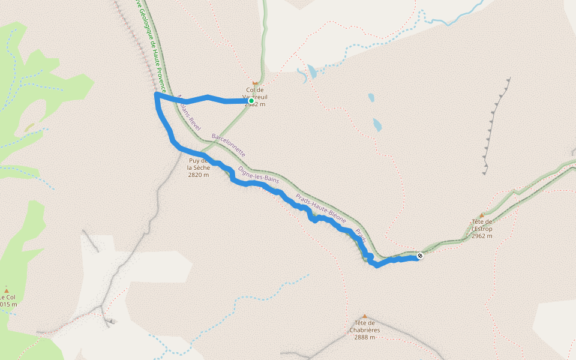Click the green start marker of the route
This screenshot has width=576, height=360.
coord(251,101)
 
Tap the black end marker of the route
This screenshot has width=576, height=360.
coord(420,256)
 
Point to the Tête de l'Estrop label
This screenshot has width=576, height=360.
coord(482,229)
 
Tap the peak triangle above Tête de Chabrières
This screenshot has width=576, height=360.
coord(364,316)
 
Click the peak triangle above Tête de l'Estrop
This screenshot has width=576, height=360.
coord(481,215)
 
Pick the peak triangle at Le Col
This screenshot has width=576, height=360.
coord(7,289)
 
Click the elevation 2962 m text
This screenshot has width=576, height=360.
coord(482,236)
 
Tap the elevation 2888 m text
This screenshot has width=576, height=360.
coord(364,337)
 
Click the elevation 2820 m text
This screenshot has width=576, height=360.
coord(199,175)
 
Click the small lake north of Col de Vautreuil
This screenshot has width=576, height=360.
coord(313,73)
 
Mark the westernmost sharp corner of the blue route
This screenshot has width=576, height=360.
coord(156,94)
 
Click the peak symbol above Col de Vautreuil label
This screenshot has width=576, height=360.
coord(255,83)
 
